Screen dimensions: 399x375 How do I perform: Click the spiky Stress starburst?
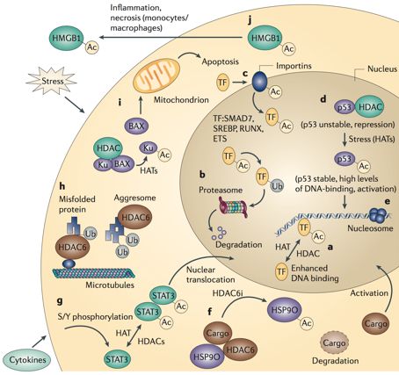pos(53,81)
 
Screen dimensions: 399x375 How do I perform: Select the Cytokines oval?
pos(27,360)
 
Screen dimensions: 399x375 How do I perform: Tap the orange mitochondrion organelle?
pos(156,75)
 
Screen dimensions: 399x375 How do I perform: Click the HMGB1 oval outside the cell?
pos(68,38)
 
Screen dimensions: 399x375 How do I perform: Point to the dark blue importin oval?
pos(260,81)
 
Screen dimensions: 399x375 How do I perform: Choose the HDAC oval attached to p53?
pos(369,106)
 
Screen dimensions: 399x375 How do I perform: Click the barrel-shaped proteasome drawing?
pos(233,207)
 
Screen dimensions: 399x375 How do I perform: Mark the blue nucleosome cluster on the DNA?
pos(377,215)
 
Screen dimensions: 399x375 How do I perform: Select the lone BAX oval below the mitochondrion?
pos(136,126)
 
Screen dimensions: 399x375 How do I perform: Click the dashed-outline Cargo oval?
pos(334,343)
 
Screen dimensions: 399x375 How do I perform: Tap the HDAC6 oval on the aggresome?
pos(134,217)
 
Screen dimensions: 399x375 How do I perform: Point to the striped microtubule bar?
pos(94,273)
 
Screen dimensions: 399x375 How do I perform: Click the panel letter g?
pos(61,300)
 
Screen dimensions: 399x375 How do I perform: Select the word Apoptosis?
pos(220,61)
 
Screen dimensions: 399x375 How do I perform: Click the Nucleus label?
pos(382,69)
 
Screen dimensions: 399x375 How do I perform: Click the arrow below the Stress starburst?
pos(75,105)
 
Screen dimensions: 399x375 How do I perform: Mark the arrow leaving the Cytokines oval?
pos(40,342)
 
